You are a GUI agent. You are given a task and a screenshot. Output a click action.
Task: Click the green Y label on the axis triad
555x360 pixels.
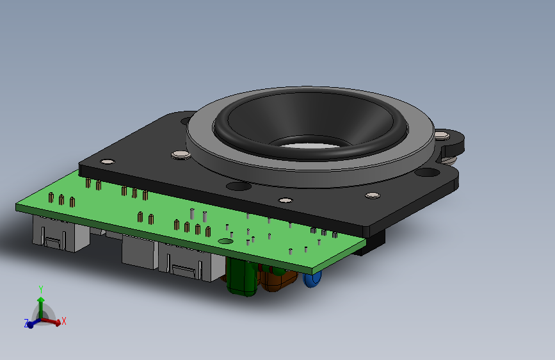pyautogui.click(x=41, y=290)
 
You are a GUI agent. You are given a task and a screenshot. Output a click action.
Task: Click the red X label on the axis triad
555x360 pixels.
pyautogui.click(x=64, y=321)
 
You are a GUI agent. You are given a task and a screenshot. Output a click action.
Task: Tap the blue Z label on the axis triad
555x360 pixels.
pyautogui.click(x=26, y=323)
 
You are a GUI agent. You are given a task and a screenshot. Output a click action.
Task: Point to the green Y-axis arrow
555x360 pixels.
pyautogui.click(x=41, y=307)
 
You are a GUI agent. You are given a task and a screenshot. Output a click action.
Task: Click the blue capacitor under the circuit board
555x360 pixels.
pyautogui.click(x=312, y=279)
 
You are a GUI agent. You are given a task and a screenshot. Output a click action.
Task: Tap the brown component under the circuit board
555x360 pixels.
pyautogui.click(x=278, y=280)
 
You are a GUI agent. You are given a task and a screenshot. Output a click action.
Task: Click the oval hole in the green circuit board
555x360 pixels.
pyautogui.click(x=225, y=241)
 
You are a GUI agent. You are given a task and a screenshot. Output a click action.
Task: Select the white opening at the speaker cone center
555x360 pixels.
pyautogui.click(x=309, y=145)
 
